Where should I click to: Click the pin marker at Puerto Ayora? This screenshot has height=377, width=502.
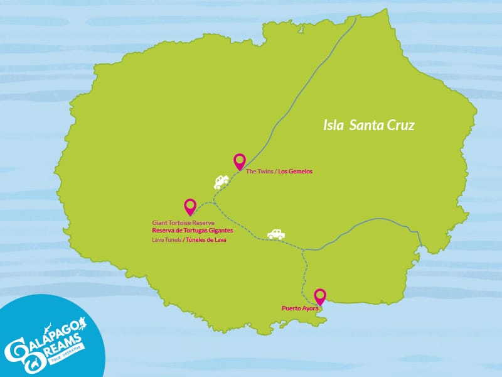pyautogui.click(x=320, y=296)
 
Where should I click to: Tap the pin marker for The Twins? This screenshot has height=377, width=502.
pyautogui.click(x=239, y=161)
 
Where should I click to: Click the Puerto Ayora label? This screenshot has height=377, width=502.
pyautogui.click(x=301, y=309)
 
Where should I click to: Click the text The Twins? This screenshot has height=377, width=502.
pyautogui.click(x=260, y=171)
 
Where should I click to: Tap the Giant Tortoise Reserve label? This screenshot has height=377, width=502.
pyautogui.click(x=183, y=223)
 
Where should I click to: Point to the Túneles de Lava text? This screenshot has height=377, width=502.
pyautogui.click(x=205, y=240)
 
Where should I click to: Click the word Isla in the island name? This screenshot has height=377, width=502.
pyautogui.click(x=334, y=125)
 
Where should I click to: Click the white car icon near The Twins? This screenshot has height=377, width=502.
pyautogui.click(x=221, y=182)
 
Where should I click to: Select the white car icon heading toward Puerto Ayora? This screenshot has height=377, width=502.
pyautogui.click(x=276, y=234)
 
